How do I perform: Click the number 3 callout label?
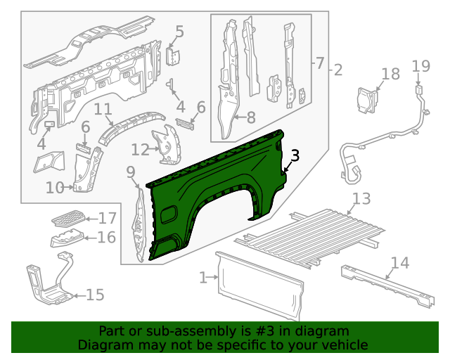[295, 156]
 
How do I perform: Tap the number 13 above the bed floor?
[361, 199]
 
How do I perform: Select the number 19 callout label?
[420, 66]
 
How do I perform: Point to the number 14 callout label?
[399, 263]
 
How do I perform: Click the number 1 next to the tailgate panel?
[204, 278]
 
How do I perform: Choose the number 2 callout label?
[337, 70]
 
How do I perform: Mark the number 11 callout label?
[103, 109]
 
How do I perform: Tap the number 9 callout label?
[131, 172]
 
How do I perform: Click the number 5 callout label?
[179, 32]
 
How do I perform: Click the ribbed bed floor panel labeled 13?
[316, 236]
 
